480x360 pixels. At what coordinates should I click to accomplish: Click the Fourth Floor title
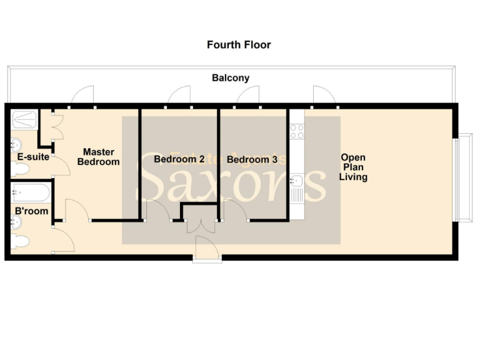pyautogui.click(x=239, y=45)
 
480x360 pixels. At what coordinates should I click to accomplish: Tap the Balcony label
pyautogui.click(x=231, y=78)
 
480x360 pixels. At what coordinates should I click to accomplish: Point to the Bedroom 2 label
pyautogui.click(x=179, y=159)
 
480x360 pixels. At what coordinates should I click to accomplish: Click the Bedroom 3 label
pyautogui.click(x=252, y=160)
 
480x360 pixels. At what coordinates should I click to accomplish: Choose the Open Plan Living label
pyautogui.click(x=353, y=167)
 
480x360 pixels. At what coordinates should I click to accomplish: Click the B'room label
pyautogui.click(x=31, y=211)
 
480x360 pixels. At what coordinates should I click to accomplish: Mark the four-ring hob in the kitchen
pyautogui.click(x=296, y=132)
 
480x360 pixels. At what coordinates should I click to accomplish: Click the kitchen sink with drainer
pyautogui.click(x=297, y=185)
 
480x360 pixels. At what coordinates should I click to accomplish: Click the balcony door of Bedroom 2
pyautogui.click(x=179, y=95)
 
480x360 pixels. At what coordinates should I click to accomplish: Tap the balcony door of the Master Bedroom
pyautogui.click(x=82, y=95)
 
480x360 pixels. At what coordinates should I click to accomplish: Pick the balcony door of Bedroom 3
pyautogui.click(x=248, y=95)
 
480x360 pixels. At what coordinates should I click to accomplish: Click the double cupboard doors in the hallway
pyautogui.click(x=201, y=226)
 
